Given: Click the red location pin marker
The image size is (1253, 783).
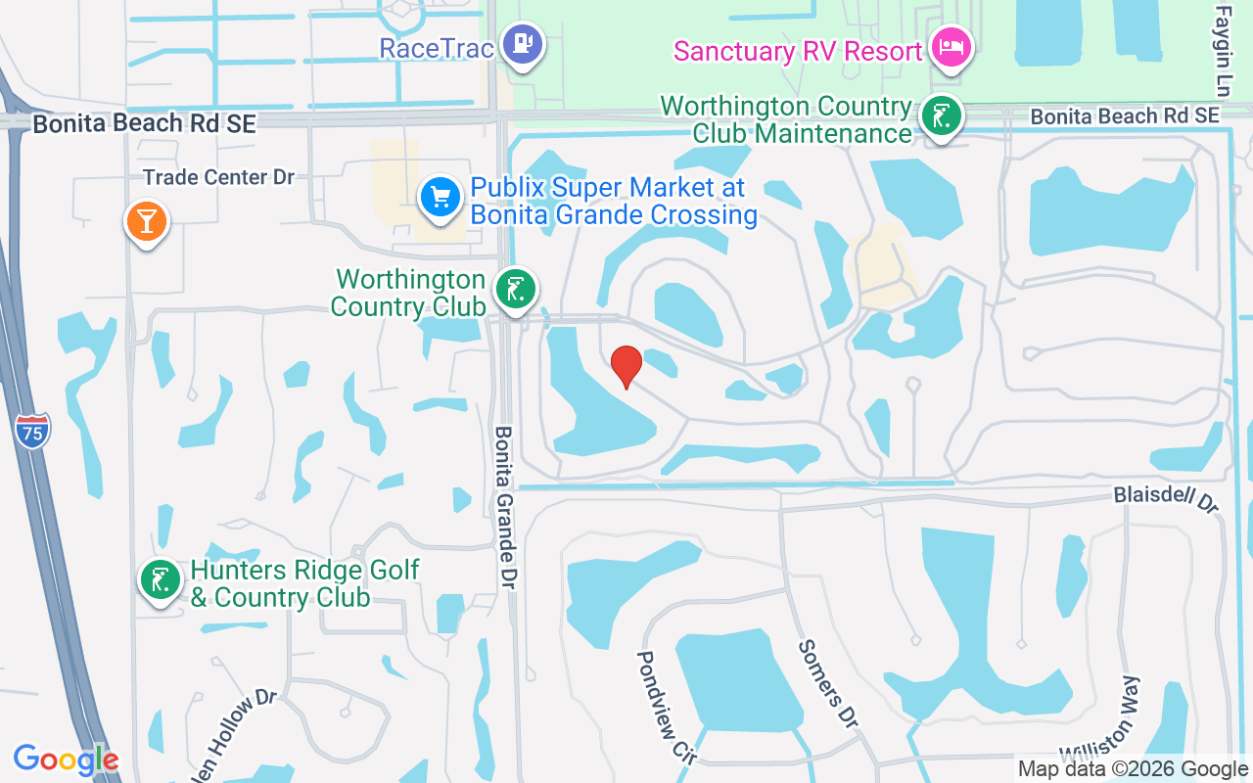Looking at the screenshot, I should (626, 366).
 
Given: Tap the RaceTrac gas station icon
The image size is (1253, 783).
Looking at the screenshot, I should (522, 44).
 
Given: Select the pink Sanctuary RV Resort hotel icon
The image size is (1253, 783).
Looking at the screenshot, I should (951, 46).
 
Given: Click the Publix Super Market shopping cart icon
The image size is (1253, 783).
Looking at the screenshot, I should (441, 198).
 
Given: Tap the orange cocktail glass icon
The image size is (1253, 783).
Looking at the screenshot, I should (147, 221).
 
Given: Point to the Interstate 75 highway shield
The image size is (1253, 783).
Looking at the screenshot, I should (32, 431).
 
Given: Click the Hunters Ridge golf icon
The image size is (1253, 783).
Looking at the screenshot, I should (161, 579).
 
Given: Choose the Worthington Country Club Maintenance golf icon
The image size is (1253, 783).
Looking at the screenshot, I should (942, 116).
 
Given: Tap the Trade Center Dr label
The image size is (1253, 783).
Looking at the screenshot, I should (218, 177).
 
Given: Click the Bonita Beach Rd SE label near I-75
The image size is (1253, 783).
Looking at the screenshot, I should (144, 124).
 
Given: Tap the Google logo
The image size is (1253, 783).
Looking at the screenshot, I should (66, 760).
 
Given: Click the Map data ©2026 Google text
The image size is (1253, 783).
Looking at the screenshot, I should (1133, 769).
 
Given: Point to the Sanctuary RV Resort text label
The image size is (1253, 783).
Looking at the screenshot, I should (799, 51).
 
